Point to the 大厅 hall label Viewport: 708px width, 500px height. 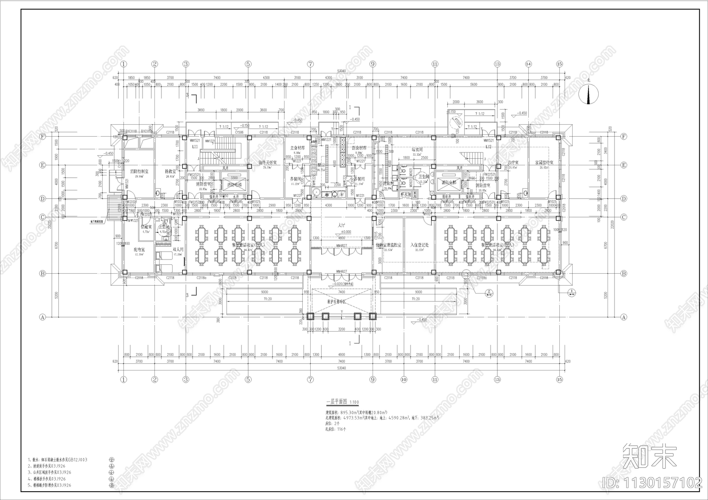coord(341,225)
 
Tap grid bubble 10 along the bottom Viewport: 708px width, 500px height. coord(404,379)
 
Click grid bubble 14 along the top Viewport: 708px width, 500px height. coord(528,64)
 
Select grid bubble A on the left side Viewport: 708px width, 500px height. coord(43,317)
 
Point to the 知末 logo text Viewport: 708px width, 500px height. coord(650,456)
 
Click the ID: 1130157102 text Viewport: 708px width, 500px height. coord(652,482)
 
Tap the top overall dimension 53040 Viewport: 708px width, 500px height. coord(341,71)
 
